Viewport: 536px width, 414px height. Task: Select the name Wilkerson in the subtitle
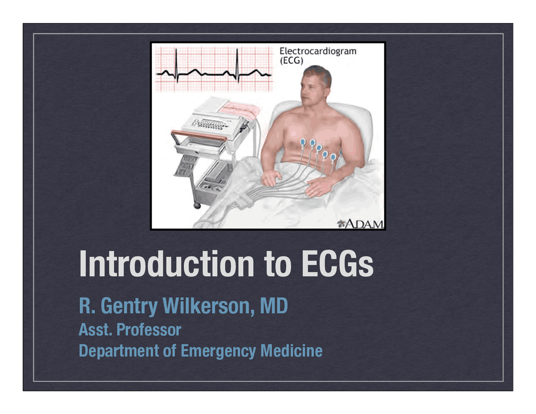tap(208, 306)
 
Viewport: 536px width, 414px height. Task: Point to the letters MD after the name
tap(274, 306)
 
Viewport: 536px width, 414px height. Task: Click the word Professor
tap(149, 330)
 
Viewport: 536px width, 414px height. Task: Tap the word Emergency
tap(218, 351)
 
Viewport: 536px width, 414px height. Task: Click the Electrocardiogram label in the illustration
tap(318, 51)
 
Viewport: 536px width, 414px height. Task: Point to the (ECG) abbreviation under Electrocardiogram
tap(291, 60)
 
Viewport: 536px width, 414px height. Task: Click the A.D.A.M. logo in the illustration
tap(361, 224)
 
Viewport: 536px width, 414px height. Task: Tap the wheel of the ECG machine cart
tap(196, 205)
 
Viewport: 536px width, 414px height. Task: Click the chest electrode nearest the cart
tap(303, 143)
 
